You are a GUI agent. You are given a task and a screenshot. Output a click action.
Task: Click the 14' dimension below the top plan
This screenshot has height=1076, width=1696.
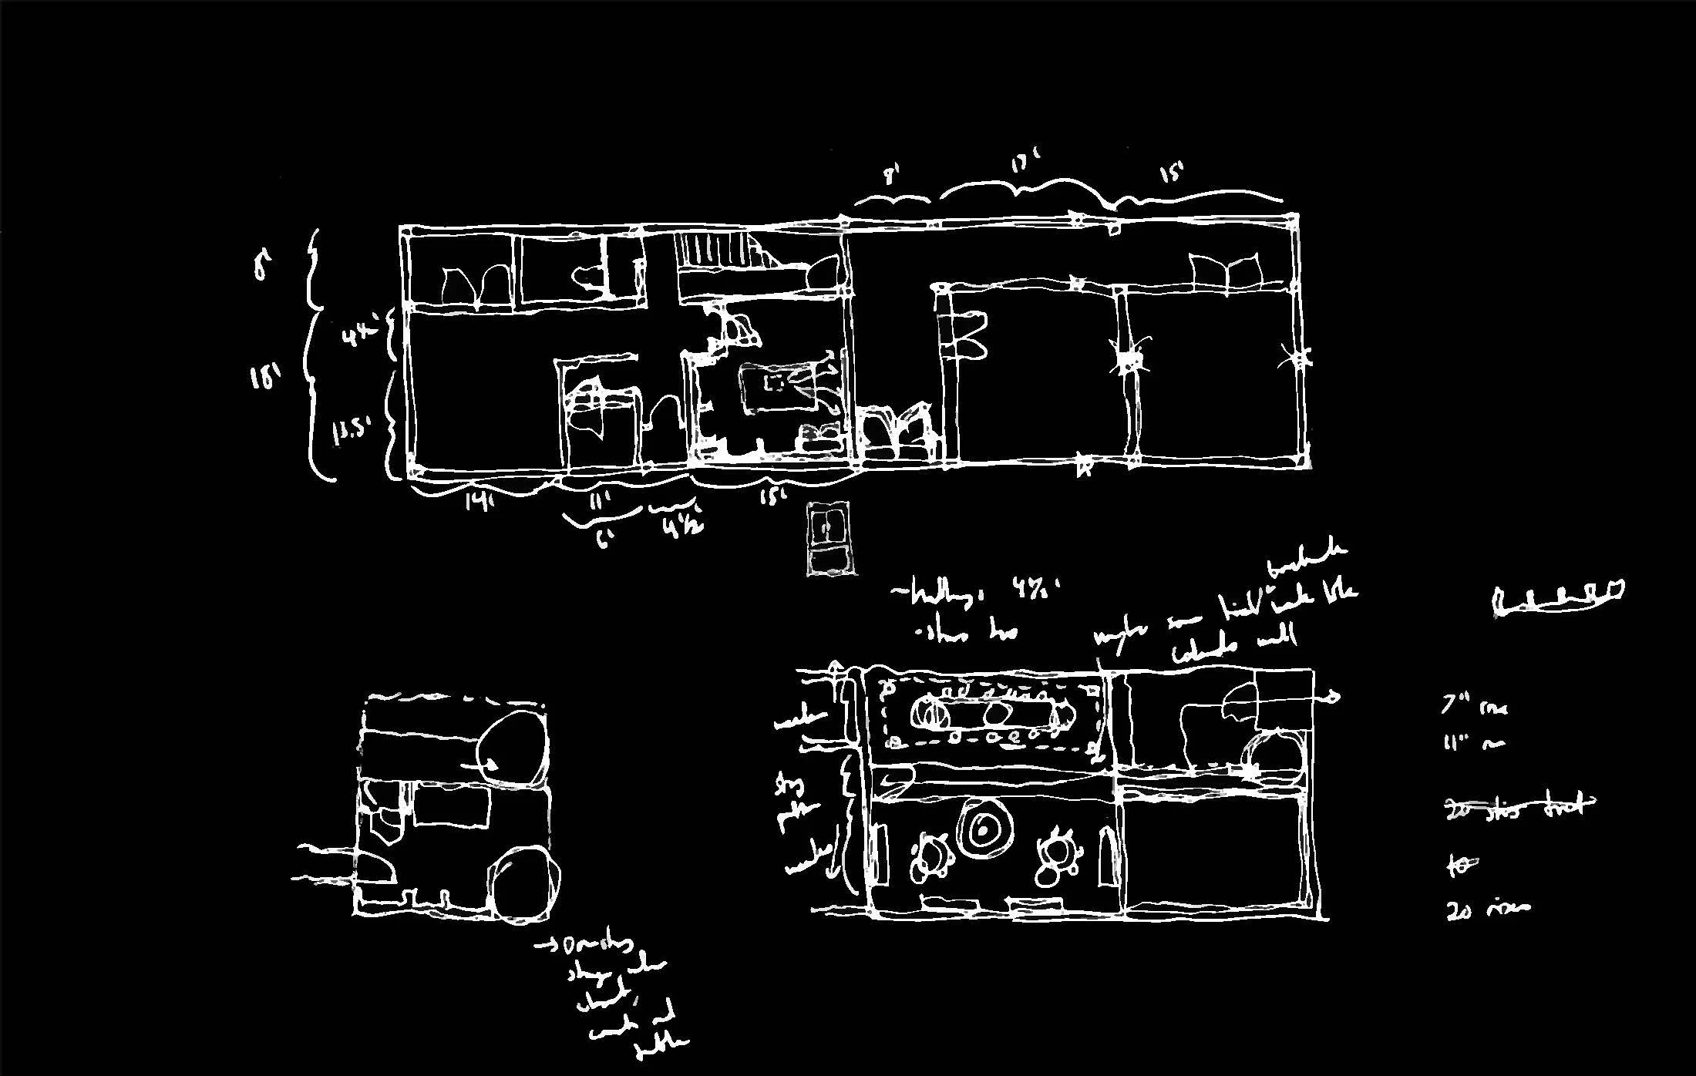click(478, 502)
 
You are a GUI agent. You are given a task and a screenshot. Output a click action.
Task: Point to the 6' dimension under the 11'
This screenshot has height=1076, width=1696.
click(604, 538)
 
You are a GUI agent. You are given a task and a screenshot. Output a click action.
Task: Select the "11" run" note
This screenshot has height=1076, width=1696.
click(1472, 743)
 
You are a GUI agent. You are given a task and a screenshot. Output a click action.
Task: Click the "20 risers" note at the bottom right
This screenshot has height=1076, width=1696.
click(1488, 909)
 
